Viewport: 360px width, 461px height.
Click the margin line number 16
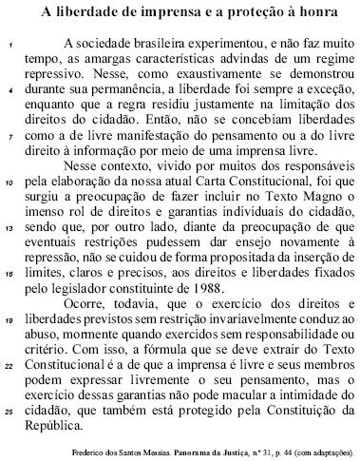[x=9, y=275]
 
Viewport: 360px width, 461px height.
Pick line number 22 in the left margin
[x=9, y=368]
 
